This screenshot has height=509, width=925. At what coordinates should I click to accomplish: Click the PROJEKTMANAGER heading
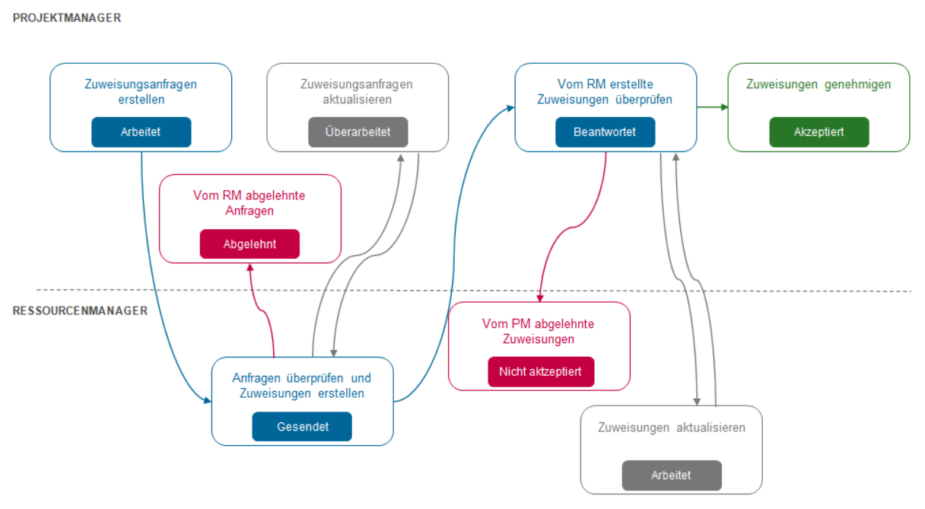67,17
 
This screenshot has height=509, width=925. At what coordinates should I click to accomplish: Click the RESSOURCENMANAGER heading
80,310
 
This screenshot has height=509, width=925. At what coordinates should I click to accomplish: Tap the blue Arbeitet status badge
141,132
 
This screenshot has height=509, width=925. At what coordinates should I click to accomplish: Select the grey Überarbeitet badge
358,132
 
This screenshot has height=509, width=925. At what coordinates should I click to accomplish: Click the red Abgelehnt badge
250,244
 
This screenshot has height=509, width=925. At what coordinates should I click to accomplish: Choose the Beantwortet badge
605,132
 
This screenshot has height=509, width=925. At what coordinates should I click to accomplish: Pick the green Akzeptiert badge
819,132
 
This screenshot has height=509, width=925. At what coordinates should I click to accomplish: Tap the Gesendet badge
302,427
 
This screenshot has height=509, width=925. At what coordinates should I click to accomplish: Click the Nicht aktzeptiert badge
540,372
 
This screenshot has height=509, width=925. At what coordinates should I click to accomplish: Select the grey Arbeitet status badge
671,476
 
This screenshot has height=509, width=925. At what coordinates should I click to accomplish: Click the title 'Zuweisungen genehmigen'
819,84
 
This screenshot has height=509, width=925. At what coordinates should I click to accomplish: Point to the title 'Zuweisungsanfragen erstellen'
141,91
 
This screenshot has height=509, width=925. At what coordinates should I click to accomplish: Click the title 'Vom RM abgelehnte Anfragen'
250,202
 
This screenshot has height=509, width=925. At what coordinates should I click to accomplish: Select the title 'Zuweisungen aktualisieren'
672,428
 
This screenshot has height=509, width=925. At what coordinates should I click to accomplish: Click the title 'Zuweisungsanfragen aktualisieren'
357,91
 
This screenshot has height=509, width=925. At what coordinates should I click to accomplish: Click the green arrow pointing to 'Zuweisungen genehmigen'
712,107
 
